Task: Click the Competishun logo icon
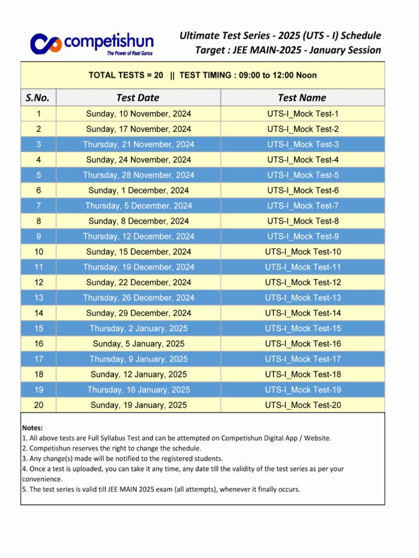pos(46,44)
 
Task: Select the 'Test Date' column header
pos(138,98)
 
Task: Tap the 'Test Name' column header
pos(302,98)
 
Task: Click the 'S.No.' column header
pos(38,98)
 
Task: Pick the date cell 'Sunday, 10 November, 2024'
pos(139,114)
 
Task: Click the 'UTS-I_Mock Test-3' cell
pos(303,144)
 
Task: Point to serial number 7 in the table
pos(38,206)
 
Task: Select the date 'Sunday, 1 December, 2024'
pos(139,191)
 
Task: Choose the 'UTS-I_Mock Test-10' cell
pos(303,252)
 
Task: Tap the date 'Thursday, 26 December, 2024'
pos(139,298)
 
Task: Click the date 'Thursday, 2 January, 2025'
pos(139,329)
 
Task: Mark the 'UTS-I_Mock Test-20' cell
pos(303,405)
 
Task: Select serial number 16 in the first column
pos(38,344)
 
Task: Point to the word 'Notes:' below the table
pos(32,428)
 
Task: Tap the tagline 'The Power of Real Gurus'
pos(130,53)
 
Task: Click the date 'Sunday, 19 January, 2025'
pos(139,405)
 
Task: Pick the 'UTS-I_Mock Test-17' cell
pos(303,359)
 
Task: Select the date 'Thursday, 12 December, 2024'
pos(139,236)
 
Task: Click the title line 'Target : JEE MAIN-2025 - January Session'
pos(288,50)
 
